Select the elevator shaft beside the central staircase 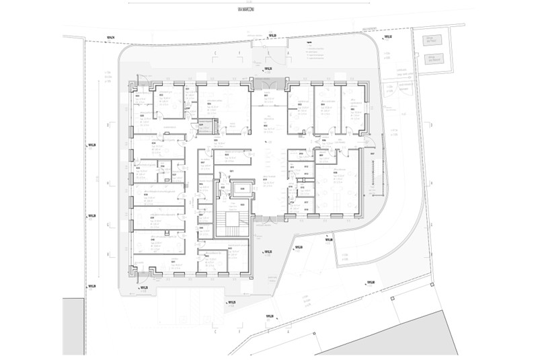point(242,190)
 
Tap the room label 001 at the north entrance point(266,96)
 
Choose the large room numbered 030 point(222,108)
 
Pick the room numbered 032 point(165,101)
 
